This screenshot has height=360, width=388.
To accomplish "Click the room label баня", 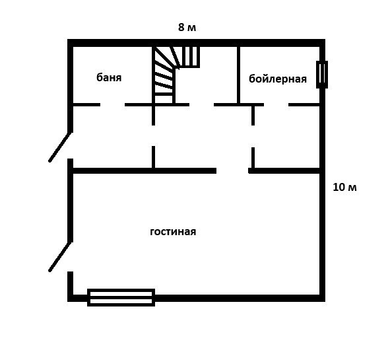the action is point(109,77).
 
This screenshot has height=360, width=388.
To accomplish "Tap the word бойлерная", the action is point(278,79).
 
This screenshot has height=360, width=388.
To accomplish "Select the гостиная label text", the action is point(173,232).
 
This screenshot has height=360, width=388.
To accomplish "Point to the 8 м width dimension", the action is point(187,27).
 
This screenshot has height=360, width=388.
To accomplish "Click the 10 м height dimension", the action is point(344,187).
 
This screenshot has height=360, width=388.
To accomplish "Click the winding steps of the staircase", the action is point(164,75).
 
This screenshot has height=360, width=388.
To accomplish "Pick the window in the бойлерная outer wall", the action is point(322,75).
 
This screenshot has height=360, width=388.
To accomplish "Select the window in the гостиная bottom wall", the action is point(121,297).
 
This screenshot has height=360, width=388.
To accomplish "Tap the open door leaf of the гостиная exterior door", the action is point(60,257).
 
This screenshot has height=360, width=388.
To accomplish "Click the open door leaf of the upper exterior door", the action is point(60,147).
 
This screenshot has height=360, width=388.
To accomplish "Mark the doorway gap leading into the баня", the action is point(112,105).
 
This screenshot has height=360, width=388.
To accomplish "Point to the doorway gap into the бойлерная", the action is point(276,105).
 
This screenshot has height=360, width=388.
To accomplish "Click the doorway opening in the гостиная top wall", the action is point(232,170).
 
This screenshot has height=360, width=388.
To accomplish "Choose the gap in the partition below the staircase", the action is point(153,136).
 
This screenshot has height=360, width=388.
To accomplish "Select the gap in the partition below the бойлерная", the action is point(253,137).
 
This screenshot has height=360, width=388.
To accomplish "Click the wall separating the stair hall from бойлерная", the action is point(239,75).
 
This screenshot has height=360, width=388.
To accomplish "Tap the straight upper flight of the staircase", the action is point(191,57).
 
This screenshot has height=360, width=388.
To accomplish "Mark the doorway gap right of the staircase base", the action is point(202,105).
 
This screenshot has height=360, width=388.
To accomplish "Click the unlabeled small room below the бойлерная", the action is point(287,137).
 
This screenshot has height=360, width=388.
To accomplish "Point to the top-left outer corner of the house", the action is point(68,40).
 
